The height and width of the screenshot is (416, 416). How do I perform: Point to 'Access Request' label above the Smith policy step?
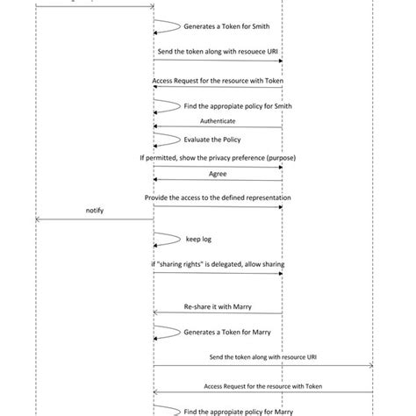pos(217,80)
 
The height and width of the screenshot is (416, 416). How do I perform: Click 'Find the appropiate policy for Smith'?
pos(230,106)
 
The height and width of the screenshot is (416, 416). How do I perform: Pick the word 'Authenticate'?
pos(218,120)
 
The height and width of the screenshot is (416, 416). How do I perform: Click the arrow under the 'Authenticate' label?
pos(218,127)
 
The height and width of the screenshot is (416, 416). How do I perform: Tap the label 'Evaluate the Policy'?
pos(212,139)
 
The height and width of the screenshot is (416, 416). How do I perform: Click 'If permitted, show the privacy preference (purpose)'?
pos(218,158)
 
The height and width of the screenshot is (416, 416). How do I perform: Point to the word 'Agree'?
pos(217,174)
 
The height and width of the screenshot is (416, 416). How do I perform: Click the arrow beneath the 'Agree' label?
pos(218,181)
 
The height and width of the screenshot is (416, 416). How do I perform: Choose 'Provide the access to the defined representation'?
pos(218,198)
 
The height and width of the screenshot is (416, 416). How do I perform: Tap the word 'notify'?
pos(95,212)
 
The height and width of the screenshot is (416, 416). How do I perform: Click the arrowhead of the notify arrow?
pos(39,219)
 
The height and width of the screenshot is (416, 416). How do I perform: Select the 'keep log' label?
pos(198,239)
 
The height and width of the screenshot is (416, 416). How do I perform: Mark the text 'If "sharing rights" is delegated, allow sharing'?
pos(218,264)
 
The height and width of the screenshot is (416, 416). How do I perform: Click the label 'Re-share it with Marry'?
pos(218,307)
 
